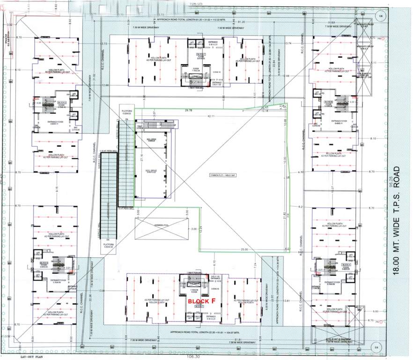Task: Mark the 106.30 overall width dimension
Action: (190, 357)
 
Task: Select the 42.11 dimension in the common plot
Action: (211, 116)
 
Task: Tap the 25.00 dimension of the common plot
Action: (243, 249)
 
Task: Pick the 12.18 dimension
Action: (265, 111)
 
